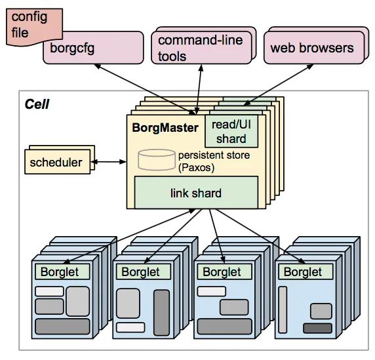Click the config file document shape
pyautogui.click(x=26, y=24)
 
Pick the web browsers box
pyautogui.click(x=311, y=48)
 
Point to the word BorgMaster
pyautogui.click(x=165, y=127)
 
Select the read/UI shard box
pyautogui.click(x=231, y=131)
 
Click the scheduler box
pyautogui.click(x=56, y=162)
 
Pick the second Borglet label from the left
pyautogui.click(x=140, y=271)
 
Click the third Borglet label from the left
pyautogui.click(x=222, y=271)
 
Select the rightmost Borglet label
pyautogui.click(x=303, y=271)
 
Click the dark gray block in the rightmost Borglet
pyautogui.click(x=317, y=328)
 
